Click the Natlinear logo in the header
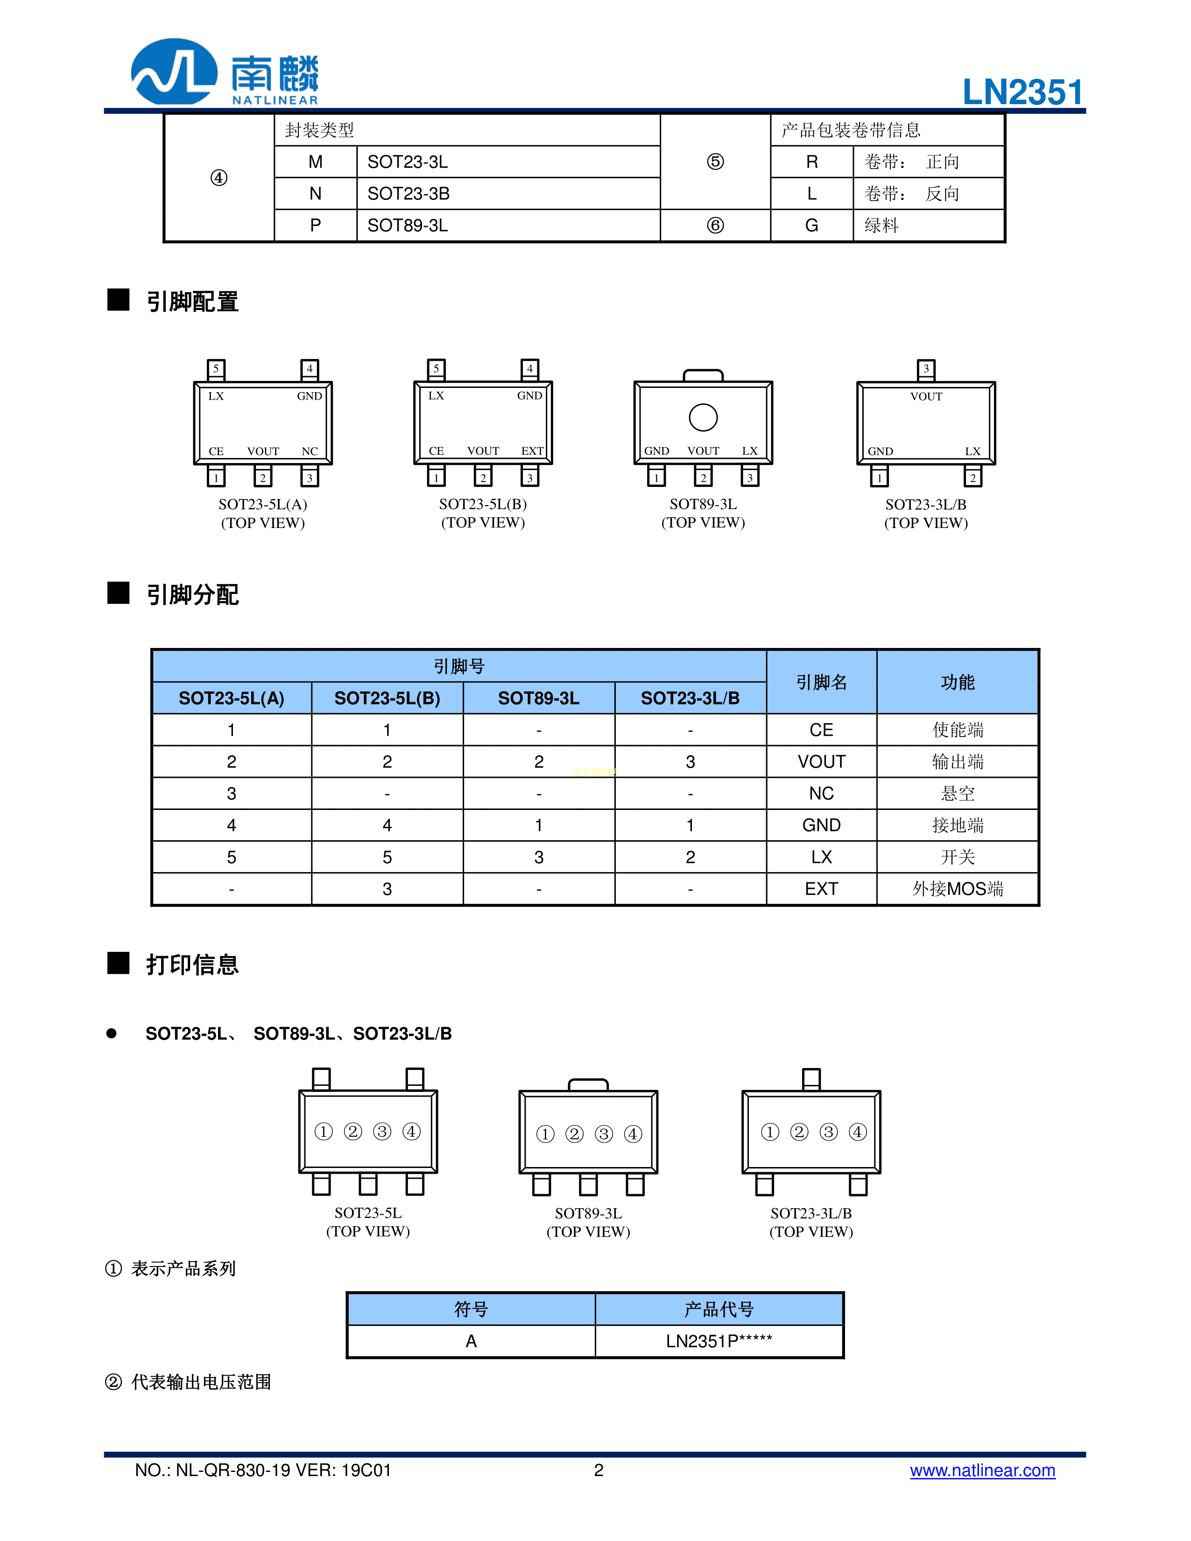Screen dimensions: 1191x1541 (225, 72)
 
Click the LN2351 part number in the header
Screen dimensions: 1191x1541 (1022, 92)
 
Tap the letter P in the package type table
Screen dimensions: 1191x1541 (316, 225)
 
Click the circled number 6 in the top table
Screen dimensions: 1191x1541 (715, 225)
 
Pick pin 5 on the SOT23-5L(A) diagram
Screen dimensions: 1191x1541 (216, 369)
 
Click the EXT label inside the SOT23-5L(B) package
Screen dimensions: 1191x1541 (532, 451)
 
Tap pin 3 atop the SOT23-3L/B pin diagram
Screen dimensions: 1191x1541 (926, 369)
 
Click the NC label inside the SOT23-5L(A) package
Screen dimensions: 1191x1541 (310, 451)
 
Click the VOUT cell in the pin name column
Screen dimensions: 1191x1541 (821, 761)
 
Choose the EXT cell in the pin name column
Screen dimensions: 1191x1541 (821, 888)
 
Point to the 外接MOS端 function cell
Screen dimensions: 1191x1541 (958, 888)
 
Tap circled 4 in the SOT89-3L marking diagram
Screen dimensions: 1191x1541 (633, 1134)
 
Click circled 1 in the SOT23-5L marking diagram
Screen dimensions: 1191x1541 (323, 1132)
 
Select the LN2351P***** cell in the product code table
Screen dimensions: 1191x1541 (719, 1341)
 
